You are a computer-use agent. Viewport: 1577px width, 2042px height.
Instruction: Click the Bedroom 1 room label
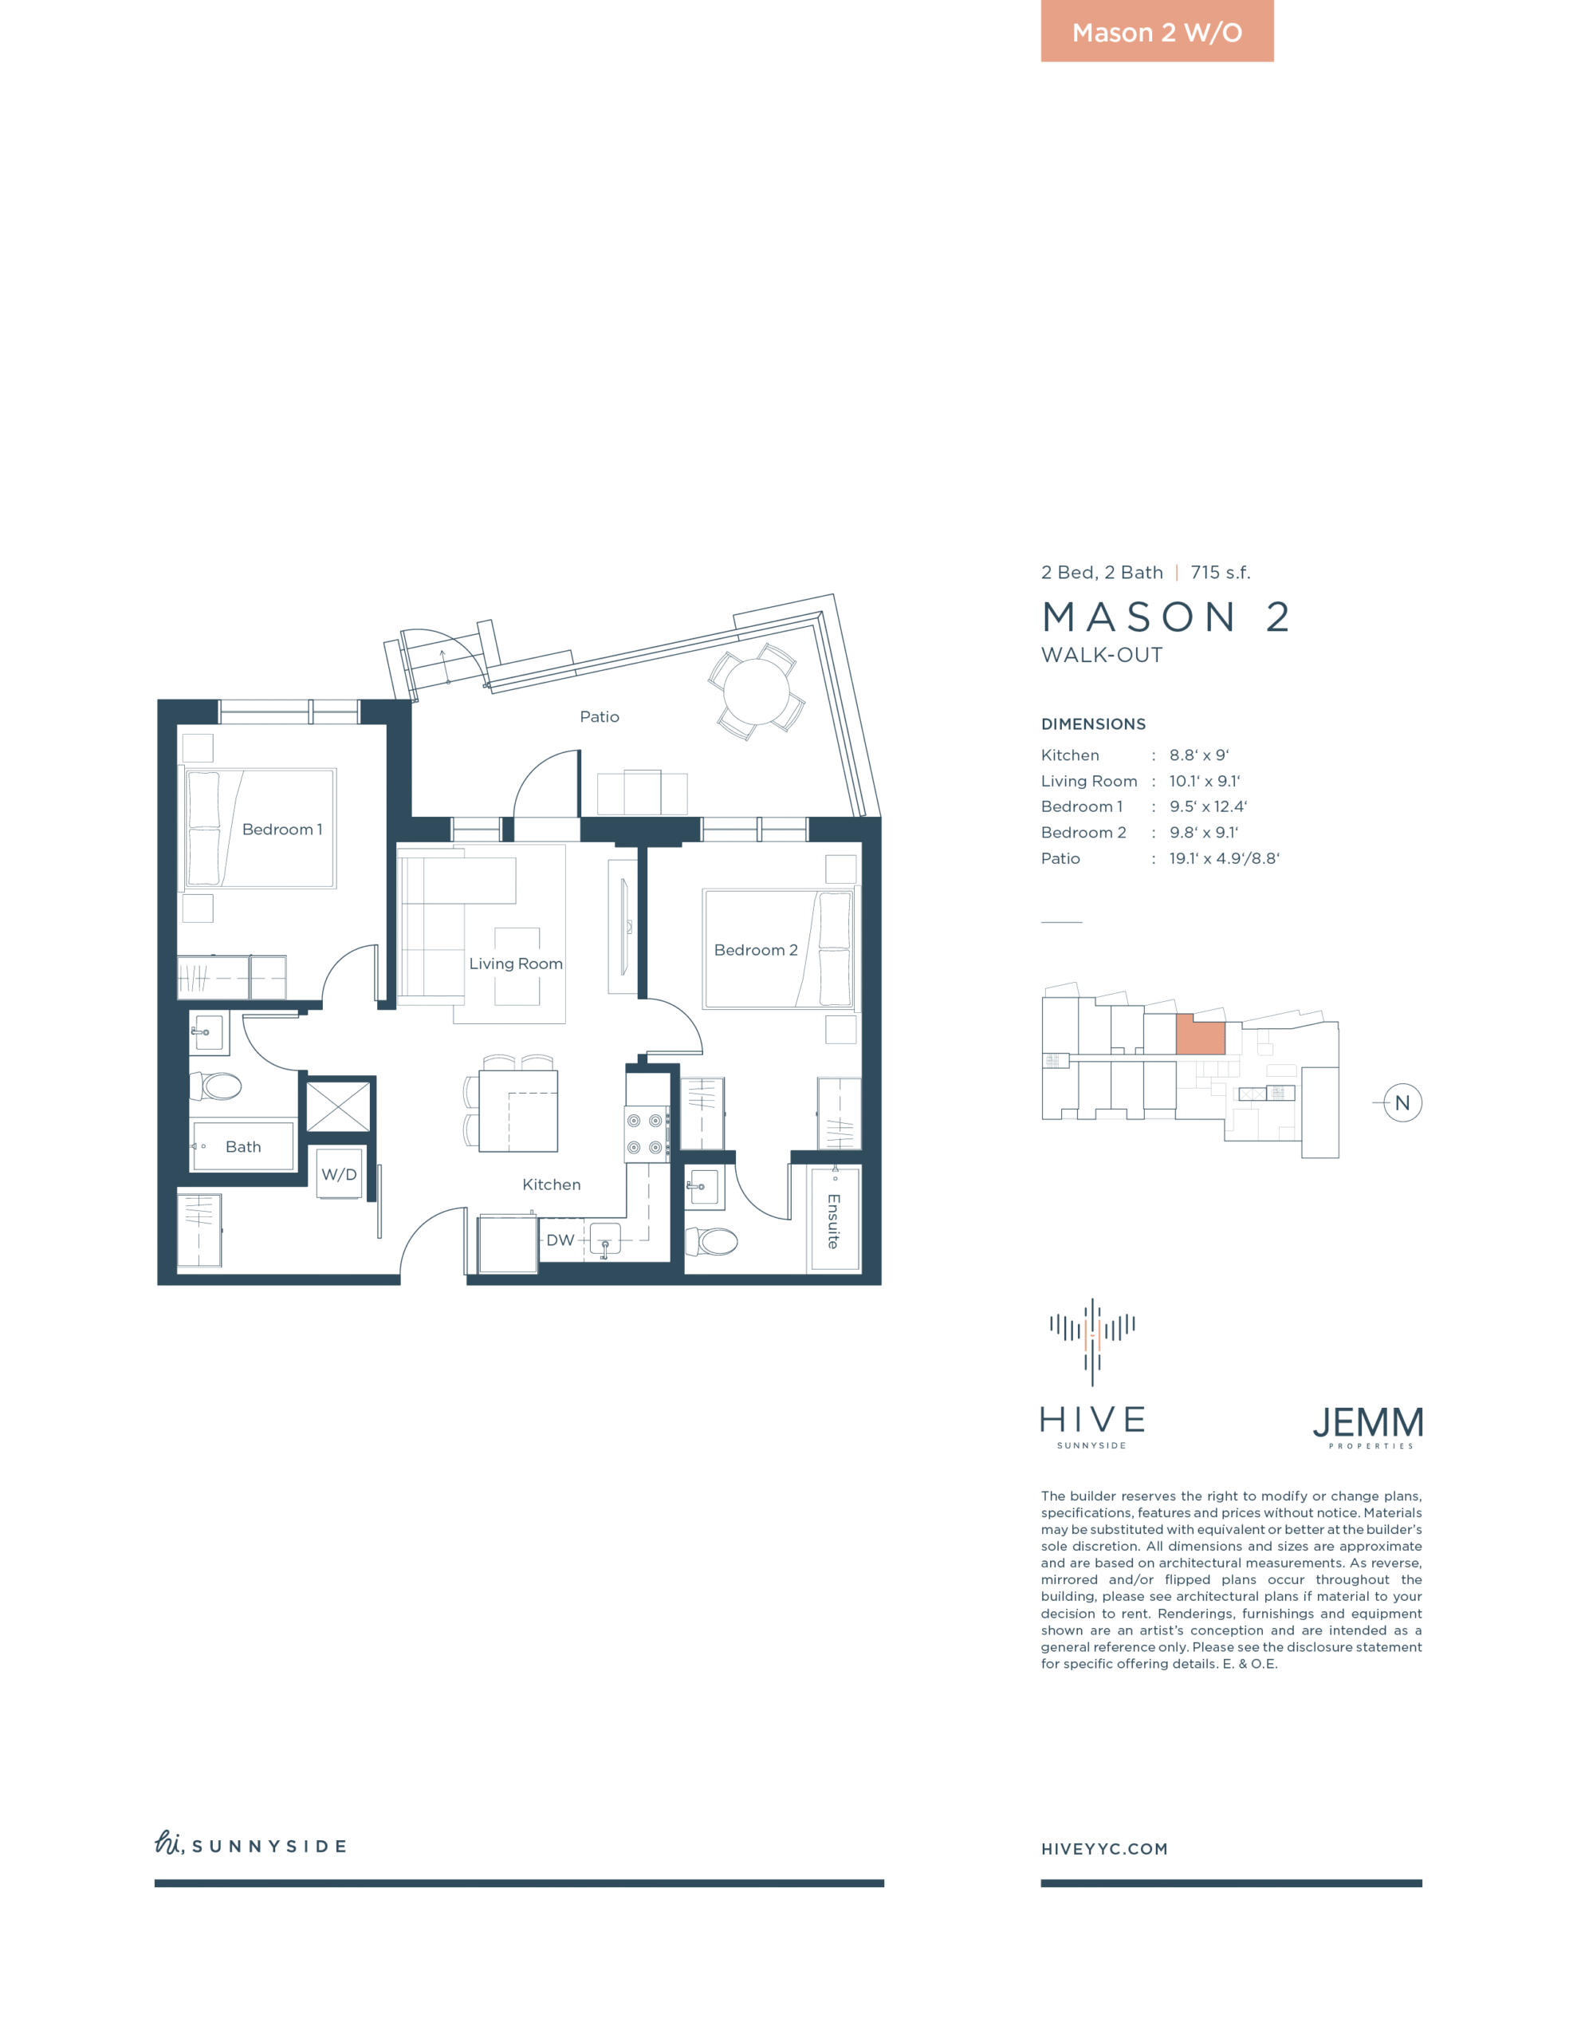[281, 830]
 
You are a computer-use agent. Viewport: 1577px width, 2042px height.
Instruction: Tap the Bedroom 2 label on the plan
[755, 950]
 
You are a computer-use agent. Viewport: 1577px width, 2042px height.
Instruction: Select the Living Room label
[516, 964]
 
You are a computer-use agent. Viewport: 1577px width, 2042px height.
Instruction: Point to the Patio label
[600, 717]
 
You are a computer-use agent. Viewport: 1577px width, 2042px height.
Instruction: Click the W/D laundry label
[338, 1174]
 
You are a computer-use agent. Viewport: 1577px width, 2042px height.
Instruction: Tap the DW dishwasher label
[560, 1240]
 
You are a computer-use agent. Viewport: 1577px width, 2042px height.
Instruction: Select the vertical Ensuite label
[833, 1221]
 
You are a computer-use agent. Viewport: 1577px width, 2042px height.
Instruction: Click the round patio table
[757, 691]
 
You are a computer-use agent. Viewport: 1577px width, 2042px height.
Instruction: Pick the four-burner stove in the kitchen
[646, 1134]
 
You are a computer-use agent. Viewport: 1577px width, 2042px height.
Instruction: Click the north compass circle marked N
[1402, 1103]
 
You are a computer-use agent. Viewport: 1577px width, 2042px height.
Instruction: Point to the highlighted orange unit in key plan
[1199, 1035]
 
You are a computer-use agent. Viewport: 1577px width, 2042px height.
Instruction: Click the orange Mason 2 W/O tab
[1156, 31]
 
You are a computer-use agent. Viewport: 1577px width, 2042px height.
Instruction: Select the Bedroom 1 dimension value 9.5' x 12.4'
[1208, 807]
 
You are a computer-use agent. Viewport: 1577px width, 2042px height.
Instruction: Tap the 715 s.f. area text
[1220, 572]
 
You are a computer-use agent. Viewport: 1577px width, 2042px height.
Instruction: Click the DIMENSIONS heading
[1094, 724]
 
